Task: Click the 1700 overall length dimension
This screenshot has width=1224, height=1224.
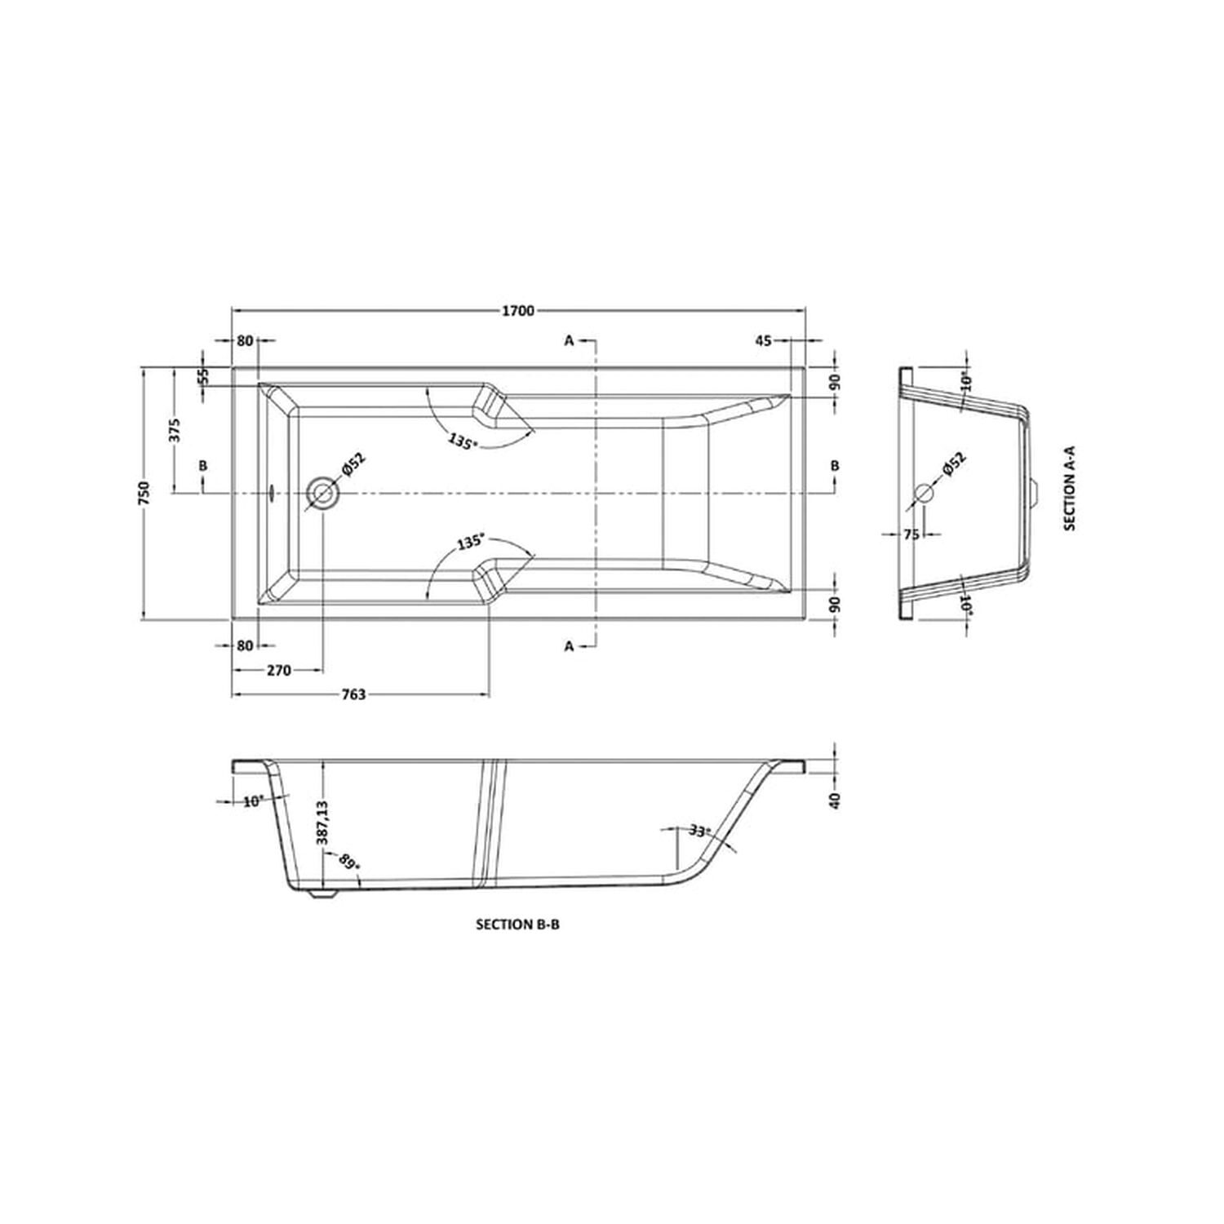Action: click(x=518, y=310)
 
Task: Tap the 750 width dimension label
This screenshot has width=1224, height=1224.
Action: click(x=144, y=494)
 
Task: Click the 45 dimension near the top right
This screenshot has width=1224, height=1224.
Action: click(x=763, y=341)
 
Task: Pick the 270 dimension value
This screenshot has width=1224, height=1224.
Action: click(x=279, y=671)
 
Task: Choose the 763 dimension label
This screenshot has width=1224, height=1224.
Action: click(x=353, y=695)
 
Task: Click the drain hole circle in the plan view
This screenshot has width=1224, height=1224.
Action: click(x=322, y=494)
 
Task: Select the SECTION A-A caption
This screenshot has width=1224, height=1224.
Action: click(x=1070, y=492)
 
